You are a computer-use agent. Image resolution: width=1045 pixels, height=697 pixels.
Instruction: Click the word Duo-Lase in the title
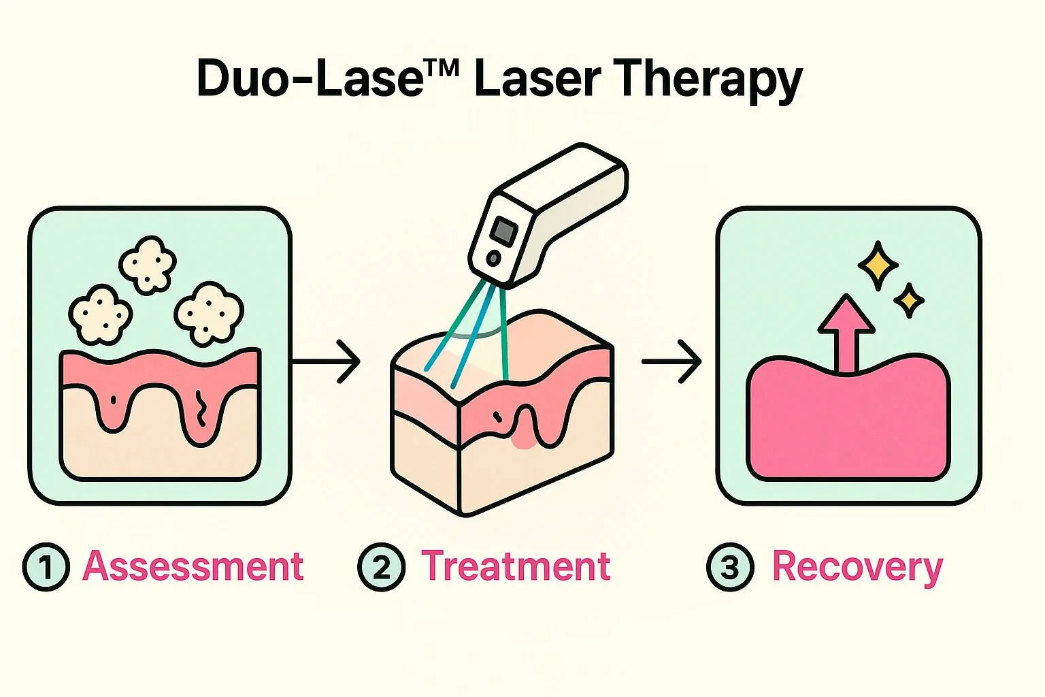coord(310,78)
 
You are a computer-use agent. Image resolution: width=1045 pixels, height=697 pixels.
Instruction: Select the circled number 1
coord(46,567)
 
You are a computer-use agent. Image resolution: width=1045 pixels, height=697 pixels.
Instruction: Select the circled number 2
coord(381,567)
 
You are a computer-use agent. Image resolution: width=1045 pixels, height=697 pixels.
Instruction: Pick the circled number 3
coord(730,567)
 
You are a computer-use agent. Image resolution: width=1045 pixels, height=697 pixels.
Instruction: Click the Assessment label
coord(193,566)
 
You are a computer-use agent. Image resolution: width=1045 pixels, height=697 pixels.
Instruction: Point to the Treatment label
coord(516,566)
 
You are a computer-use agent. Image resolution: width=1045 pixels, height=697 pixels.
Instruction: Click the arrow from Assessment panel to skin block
coord(327,362)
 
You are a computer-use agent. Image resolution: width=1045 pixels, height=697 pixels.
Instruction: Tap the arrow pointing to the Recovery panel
coord(672,362)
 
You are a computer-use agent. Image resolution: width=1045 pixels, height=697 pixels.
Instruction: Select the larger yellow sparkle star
coord(878,265)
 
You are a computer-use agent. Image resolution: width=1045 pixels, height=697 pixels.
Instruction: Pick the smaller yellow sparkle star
coord(908,300)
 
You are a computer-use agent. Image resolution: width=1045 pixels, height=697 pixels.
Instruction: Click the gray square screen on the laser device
coord(504,231)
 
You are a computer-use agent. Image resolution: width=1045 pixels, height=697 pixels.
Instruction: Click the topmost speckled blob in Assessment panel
coord(148,264)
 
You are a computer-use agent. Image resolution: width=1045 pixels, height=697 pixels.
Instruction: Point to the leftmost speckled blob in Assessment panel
coord(100,314)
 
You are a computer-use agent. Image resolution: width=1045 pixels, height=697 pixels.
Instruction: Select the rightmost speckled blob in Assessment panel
coord(208,314)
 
